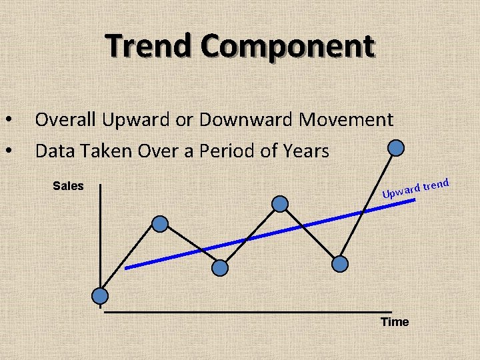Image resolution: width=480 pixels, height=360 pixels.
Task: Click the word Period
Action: coord(233,151)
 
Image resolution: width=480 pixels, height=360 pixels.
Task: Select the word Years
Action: coord(305,151)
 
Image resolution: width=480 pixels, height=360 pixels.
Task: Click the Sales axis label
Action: coord(68,186)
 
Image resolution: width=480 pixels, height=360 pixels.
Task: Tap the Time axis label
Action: coord(395,323)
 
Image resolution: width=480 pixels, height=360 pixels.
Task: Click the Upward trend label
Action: coord(417,189)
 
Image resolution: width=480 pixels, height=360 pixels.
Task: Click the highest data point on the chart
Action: coord(396,147)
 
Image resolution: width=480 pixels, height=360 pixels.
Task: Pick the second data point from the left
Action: coord(160,224)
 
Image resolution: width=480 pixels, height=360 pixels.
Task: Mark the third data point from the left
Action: coord(220,267)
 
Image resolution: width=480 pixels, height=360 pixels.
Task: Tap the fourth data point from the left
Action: coord(281,203)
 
